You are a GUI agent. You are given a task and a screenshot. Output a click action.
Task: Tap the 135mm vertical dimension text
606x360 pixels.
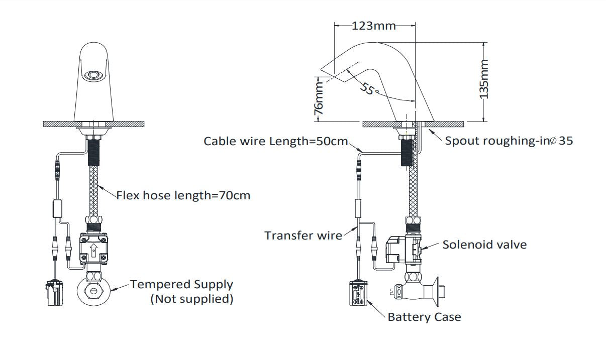[x=484, y=79]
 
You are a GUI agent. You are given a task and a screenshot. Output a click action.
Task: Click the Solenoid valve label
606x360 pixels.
[x=484, y=245]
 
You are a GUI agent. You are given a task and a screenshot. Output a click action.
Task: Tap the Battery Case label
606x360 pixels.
[x=424, y=317]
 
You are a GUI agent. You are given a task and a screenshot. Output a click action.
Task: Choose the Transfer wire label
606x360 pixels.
[x=303, y=235]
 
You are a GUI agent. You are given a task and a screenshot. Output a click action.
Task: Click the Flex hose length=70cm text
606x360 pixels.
[x=183, y=195]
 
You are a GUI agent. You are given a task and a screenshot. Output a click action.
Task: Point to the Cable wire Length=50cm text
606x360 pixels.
[x=276, y=141]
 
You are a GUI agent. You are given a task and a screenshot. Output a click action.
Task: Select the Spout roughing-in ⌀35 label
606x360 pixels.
[x=509, y=141]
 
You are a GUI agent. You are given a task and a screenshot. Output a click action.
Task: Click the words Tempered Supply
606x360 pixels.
[x=181, y=284]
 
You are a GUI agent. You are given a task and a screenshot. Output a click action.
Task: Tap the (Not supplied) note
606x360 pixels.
[x=192, y=299]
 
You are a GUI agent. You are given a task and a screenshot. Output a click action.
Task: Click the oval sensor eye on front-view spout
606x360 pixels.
[x=92, y=76]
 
